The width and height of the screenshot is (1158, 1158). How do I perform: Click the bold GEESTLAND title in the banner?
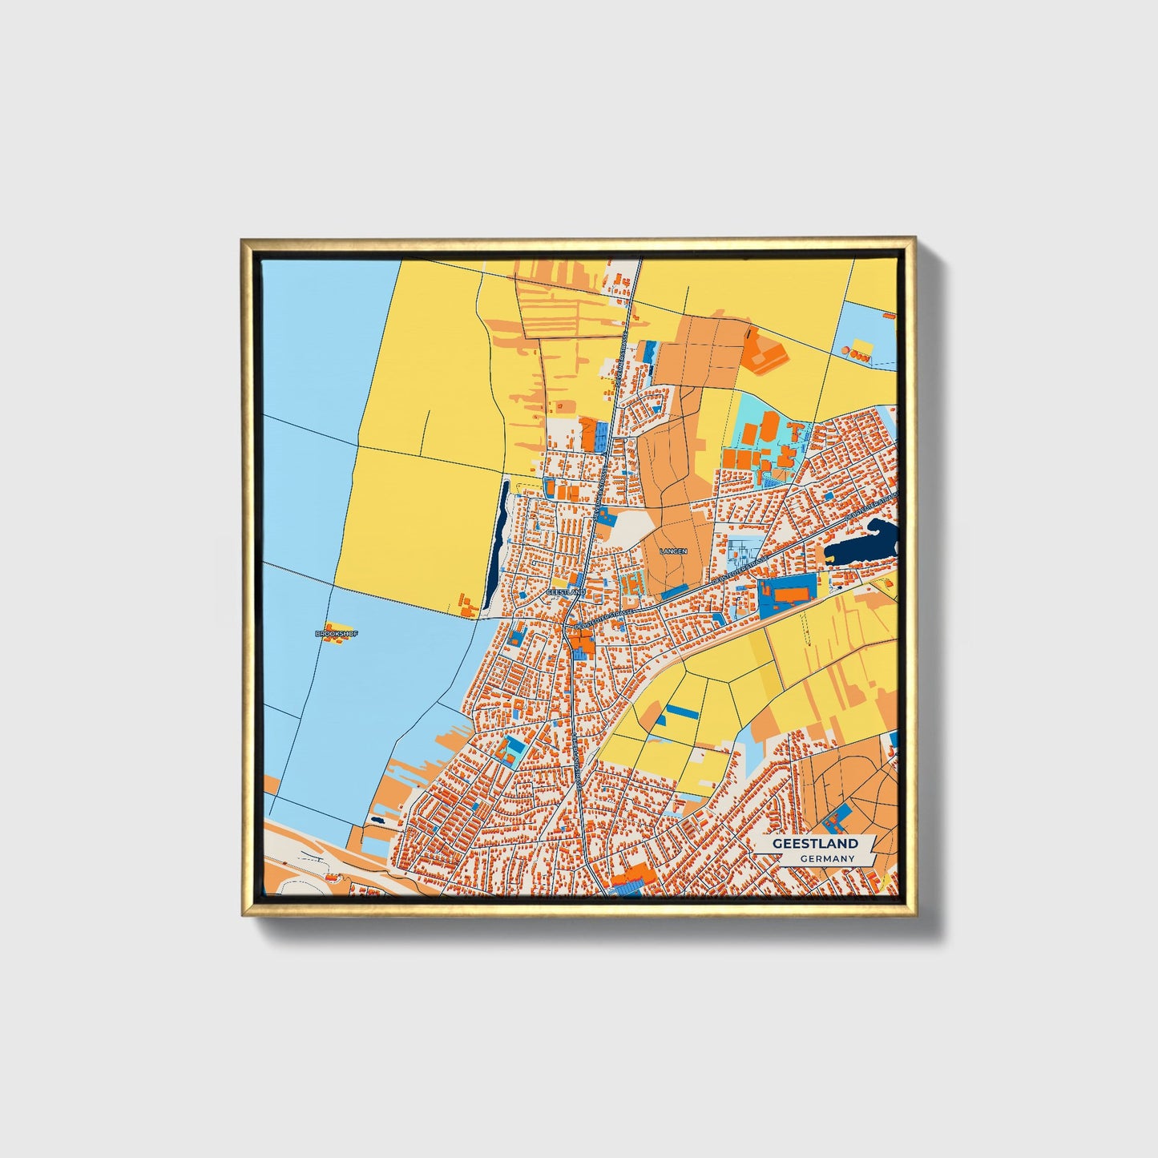point(815,843)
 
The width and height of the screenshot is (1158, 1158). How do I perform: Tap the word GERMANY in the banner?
point(827,859)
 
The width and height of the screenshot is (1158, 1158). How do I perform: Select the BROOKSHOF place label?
point(337,634)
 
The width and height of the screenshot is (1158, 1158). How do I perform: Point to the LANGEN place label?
point(673,551)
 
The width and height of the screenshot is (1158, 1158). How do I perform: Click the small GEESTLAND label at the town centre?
point(566,591)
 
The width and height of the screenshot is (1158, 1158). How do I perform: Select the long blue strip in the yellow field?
point(684,711)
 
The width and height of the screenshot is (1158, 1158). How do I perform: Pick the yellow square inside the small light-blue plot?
point(862,345)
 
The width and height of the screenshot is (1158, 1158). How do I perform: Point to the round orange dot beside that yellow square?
point(845,350)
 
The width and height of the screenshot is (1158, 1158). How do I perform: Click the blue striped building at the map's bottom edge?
point(626,885)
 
